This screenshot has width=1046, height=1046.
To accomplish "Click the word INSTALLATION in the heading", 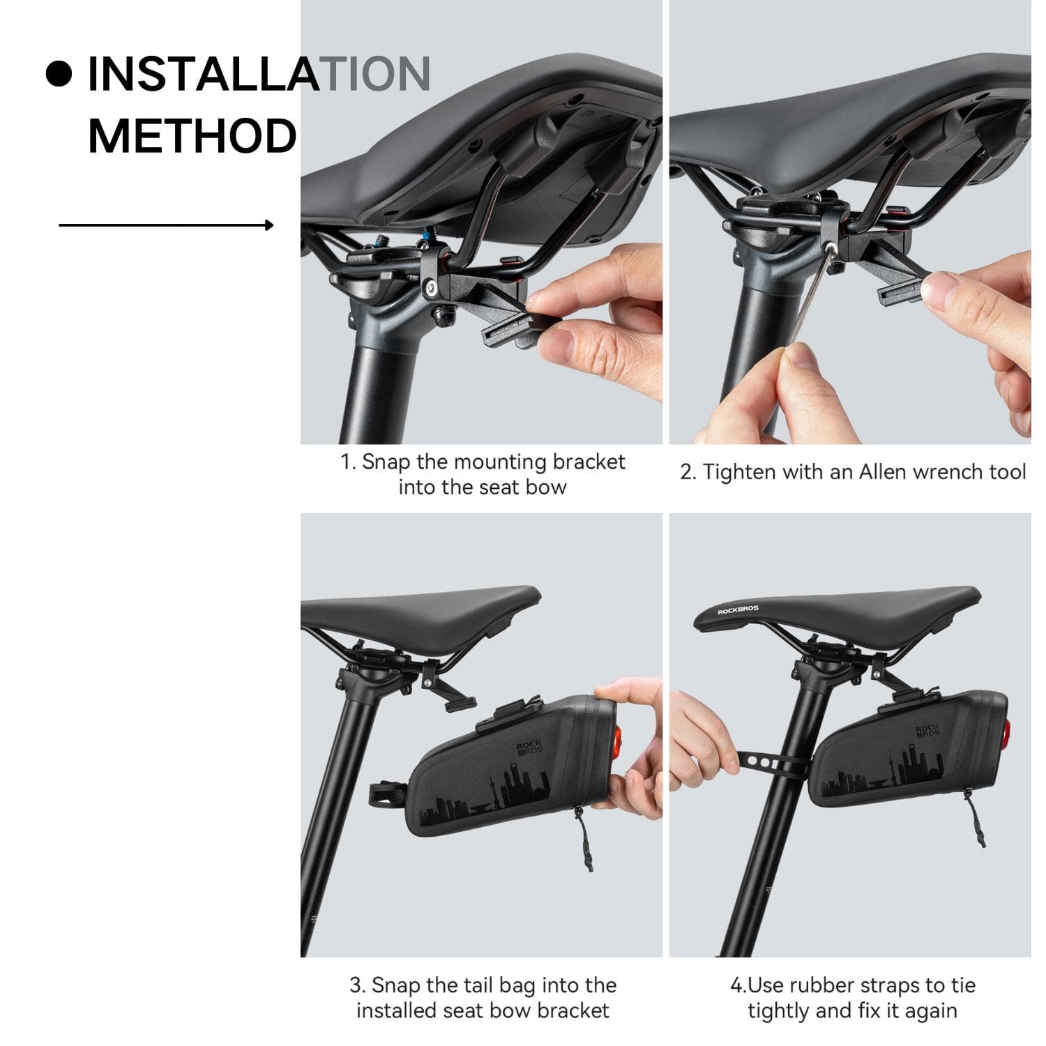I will [x=258, y=74].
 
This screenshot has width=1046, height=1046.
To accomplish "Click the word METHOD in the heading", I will [x=192, y=136].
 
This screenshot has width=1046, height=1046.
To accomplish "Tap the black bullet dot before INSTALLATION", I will [x=59, y=74].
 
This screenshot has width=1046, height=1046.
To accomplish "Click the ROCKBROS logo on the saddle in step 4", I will [x=738, y=609].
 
